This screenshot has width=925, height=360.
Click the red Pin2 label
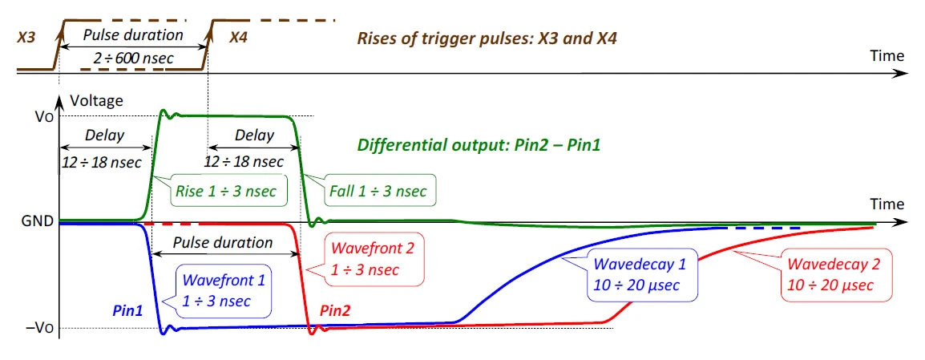pyautogui.click(x=335, y=310)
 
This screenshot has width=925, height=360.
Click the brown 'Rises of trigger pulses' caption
pyautogui.click(x=487, y=39)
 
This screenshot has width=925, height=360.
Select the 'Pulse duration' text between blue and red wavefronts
pyautogui.click(x=222, y=243)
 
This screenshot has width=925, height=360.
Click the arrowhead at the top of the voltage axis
pyautogui.click(x=59, y=99)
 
